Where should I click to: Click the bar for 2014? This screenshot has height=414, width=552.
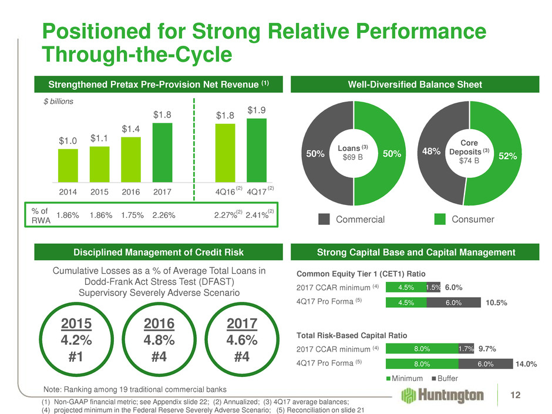[x=68, y=165]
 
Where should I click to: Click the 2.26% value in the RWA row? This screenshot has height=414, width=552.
[x=163, y=215]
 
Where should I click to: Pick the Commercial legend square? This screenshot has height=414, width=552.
[x=324, y=219]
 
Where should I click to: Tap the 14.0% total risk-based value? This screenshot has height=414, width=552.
[x=527, y=364]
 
